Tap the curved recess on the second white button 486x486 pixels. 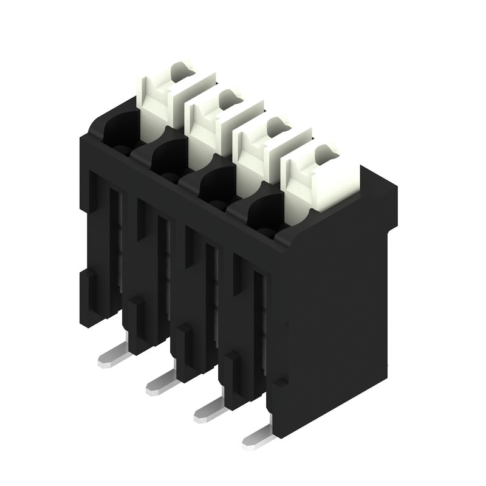[x=228, y=98]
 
